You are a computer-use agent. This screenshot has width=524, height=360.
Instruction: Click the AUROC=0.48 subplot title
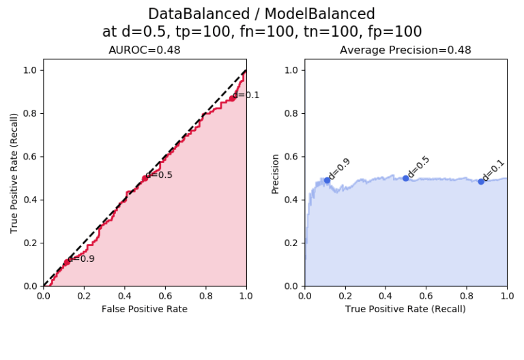(x=145, y=50)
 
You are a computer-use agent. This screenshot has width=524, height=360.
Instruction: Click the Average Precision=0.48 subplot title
(x=405, y=50)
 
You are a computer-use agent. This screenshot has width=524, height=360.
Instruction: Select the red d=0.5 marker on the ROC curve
(x=145, y=178)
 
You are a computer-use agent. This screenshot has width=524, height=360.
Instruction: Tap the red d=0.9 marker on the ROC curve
(x=67, y=262)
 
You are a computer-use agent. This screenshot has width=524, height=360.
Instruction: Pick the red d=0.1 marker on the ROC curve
(x=232, y=98)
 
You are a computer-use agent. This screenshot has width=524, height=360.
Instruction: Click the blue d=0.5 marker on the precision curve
(x=405, y=178)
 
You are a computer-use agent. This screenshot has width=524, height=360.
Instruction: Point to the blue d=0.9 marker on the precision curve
(x=327, y=180)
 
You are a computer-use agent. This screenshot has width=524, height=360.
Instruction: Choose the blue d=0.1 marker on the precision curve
(x=481, y=181)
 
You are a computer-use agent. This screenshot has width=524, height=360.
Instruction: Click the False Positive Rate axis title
(x=144, y=309)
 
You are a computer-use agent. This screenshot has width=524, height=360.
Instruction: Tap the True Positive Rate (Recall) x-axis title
(x=405, y=309)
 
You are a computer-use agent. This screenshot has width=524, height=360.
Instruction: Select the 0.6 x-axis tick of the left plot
(x=164, y=296)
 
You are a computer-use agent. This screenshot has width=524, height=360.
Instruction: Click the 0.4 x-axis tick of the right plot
(x=385, y=296)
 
